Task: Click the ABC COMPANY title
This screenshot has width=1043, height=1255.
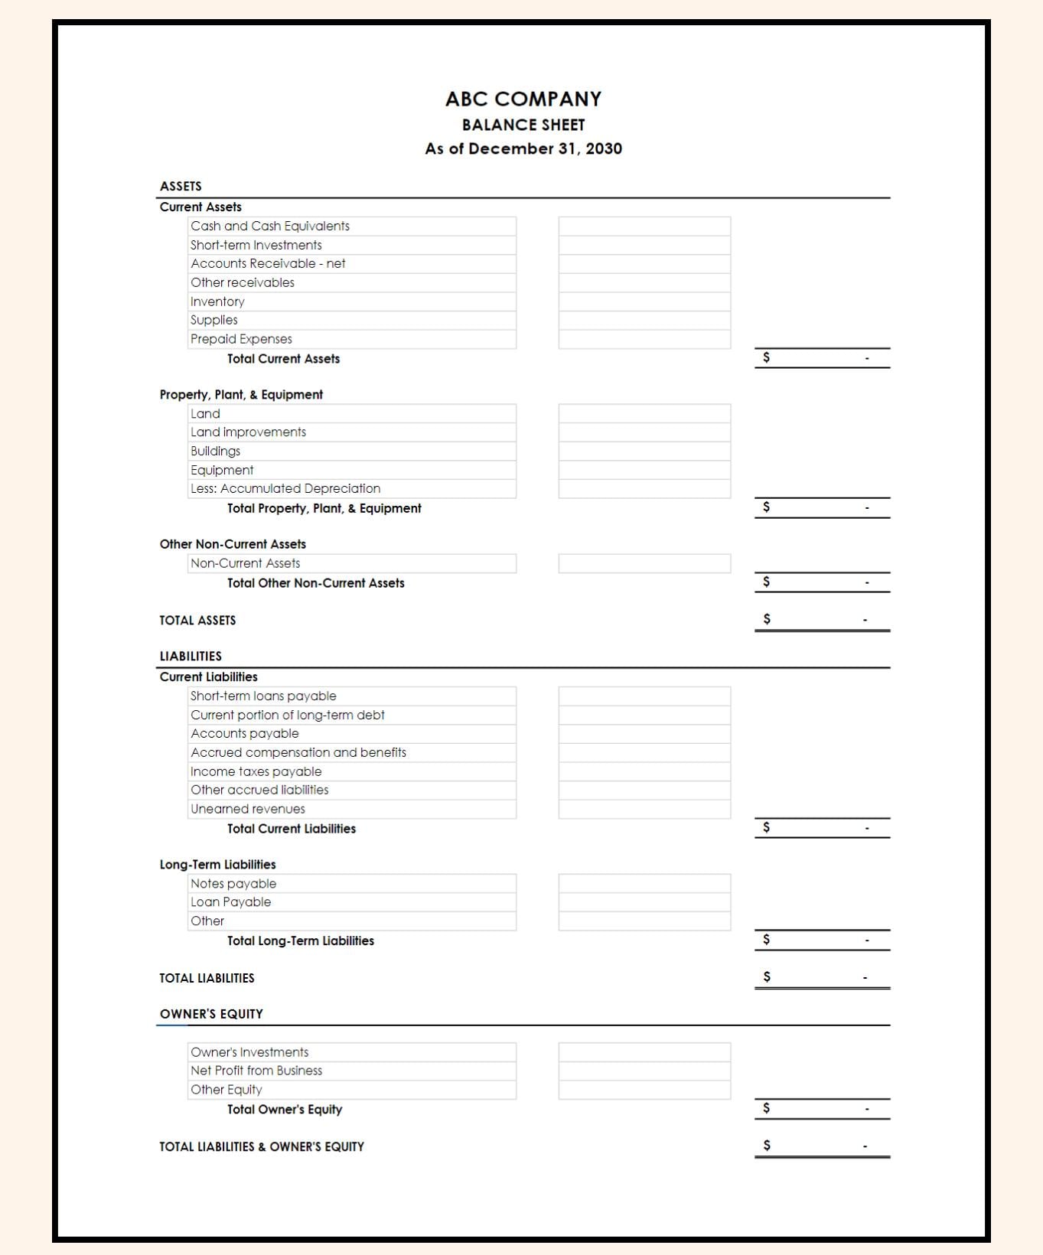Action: tap(523, 99)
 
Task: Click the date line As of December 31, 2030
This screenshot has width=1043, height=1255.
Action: tap(523, 148)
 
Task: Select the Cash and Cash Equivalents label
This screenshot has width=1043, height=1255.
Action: tap(269, 227)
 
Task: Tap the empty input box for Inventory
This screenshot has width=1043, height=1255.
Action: tap(644, 302)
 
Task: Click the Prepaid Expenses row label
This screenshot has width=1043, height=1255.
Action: tap(241, 339)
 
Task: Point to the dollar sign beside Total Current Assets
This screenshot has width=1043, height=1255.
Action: tap(766, 357)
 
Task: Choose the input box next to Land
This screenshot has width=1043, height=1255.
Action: tap(644, 414)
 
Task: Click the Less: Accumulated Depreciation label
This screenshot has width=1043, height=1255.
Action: tap(285, 488)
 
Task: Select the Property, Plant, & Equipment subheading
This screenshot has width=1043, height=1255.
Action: tap(241, 395)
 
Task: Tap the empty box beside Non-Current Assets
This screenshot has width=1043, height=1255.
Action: tap(644, 564)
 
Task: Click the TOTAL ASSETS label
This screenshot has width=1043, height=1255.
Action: tap(197, 621)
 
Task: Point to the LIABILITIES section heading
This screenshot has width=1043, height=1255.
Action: tap(191, 657)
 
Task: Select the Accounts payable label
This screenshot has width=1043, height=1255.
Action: tap(244, 733)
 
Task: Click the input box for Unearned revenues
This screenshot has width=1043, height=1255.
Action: tap(644, 810)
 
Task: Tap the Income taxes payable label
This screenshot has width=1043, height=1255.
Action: tap(256, 771)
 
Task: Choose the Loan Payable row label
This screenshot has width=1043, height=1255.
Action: tap(230, 902)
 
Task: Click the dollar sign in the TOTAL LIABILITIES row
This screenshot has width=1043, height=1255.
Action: tap(766, 976)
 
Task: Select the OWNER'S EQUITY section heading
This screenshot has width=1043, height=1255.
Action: tap(211, 1014)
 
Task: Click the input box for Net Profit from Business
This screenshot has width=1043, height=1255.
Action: tap(644, 1071)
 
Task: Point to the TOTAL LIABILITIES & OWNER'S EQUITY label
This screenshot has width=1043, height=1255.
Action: tap(262, 1147)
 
